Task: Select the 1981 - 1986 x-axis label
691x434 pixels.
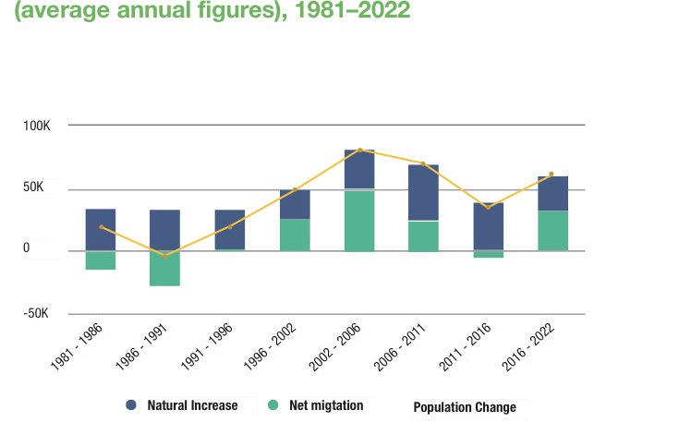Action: pos(79,344)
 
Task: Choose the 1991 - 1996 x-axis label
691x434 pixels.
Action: pos(209,344)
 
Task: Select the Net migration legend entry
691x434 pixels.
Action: pos(320,405)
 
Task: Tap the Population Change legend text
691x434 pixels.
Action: pos(464,407)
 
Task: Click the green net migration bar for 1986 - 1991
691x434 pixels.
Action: pos(164,269)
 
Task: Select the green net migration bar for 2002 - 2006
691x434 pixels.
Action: pos(359,221)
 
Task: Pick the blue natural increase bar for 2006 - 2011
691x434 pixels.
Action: pos(423,193)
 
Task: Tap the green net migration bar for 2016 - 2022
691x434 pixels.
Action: pos(552,231)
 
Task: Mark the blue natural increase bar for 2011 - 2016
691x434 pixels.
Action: pos(488,226)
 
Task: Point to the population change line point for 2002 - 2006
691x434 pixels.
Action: pos(359,150)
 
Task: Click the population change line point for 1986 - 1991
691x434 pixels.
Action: pos(165,256)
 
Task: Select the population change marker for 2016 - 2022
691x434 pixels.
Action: pos(552,174)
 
